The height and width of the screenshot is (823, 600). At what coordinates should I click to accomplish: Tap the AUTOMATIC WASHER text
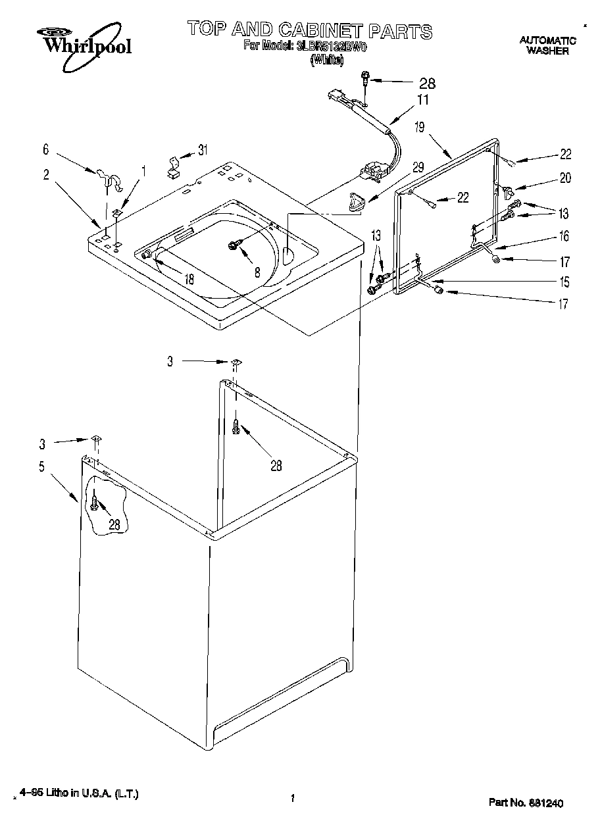pos(547,45)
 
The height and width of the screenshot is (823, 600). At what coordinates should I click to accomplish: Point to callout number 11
pos(422,100)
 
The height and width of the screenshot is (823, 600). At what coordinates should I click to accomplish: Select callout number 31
pos(203,150)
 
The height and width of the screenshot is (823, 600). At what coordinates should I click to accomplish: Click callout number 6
pos(45,150)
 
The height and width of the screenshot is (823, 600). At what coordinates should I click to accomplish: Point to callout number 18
pos(189,278)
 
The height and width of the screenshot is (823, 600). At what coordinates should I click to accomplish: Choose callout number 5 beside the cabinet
pos(41,467)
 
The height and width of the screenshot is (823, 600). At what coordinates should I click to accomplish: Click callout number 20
pos(565,178)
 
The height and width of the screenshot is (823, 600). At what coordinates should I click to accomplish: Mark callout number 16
pos(564,236)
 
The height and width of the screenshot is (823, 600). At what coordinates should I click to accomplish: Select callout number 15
pos(564,282)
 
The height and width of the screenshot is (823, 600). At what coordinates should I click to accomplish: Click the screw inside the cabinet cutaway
pos(96,504)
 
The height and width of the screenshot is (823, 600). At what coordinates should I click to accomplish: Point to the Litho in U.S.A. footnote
pos(79,795)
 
